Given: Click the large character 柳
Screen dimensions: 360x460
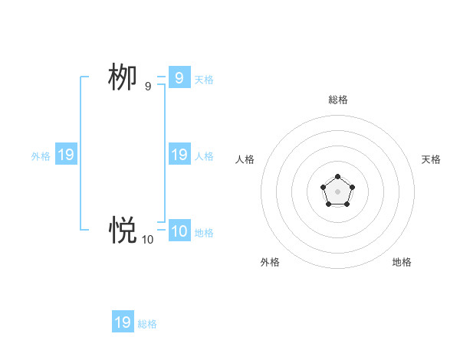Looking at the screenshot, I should [122, 77].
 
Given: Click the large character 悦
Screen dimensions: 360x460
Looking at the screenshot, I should [122, 229].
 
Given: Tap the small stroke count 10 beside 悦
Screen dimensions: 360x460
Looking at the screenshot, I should [147, 240].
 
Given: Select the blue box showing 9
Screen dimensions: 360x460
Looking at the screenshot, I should [179, 77].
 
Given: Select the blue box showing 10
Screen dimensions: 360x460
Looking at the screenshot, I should [179, 231].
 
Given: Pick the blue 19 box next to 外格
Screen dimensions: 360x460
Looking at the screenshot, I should [66, 155].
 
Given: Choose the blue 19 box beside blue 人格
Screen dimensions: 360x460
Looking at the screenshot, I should [179, 155].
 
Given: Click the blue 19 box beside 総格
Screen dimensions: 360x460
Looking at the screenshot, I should [123, 322].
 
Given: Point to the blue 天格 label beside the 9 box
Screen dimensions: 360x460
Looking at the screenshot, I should [204, 80].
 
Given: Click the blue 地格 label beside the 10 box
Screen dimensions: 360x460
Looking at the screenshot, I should [204, 233].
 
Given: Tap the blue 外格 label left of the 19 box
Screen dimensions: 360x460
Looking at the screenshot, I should [41, 156].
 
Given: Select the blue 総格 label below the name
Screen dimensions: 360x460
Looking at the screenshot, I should [147, 324].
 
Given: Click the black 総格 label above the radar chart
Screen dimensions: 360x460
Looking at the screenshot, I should [338, 100].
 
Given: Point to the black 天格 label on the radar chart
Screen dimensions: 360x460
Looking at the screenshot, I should [432, 159].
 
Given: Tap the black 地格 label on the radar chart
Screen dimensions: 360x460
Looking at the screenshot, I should [402, 262].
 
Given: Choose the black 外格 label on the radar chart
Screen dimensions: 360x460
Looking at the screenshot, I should [270, 262].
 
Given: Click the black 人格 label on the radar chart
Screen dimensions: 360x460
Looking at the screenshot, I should [245, 159].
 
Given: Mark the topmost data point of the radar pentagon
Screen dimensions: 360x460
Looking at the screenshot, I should [338, 177].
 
